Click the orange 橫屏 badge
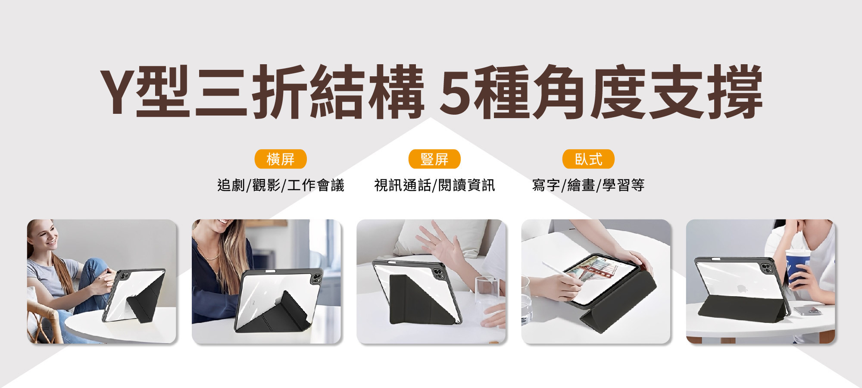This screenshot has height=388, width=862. click(281, 159)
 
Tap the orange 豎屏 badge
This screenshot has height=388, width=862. click(434, 159)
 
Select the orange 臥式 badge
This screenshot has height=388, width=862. click(588, 159)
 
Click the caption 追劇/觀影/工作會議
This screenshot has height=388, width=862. click(281, 185)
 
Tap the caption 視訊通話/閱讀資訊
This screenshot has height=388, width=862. click(434, 185)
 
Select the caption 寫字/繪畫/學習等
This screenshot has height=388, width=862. click(588, 185)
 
